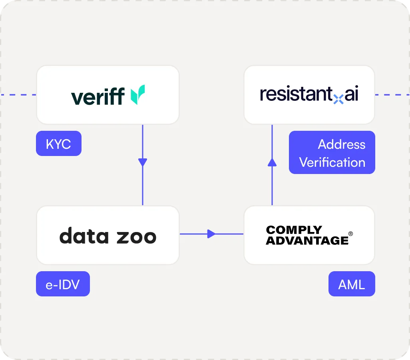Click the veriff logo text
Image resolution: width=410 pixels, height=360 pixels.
(98, 96)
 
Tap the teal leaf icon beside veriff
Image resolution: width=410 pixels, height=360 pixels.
(138, 95)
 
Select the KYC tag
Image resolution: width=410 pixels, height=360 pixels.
(58, 144)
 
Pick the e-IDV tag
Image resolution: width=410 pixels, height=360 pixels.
(63, 284)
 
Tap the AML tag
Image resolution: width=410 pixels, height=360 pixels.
(351, 284)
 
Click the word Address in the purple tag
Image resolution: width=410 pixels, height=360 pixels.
(341, 144)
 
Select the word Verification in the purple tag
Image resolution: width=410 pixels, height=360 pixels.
(332, 162)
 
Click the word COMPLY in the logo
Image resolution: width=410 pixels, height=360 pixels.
(294, 230)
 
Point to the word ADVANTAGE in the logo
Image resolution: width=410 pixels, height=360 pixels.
(307, 240)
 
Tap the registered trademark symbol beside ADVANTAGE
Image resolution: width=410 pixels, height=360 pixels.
(350, 234)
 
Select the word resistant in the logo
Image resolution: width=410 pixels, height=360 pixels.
(296, 94)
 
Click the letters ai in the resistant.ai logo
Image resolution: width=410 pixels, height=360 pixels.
(351, 94)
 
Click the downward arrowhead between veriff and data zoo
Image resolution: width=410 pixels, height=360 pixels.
(142, 162)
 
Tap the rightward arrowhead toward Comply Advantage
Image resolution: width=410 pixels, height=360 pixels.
(211, 234)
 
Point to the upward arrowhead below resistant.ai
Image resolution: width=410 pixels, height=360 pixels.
(272, 162)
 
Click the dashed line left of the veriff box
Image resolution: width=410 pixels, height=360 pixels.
(18, 95)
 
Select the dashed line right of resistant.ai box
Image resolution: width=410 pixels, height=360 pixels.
(392, 95)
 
